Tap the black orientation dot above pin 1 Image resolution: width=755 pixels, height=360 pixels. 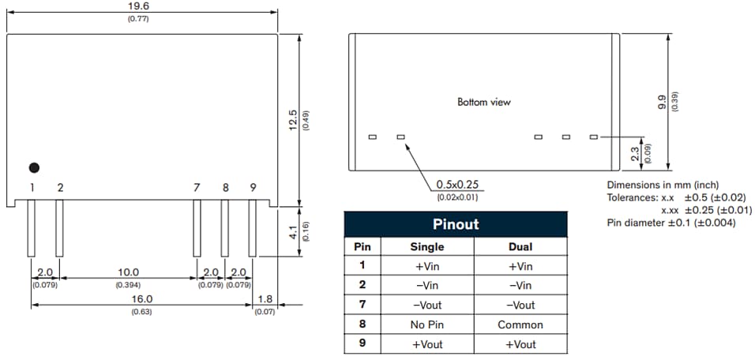point(34,167)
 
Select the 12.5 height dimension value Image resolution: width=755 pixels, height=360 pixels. point(293,120)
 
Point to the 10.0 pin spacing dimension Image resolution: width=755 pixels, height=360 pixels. point(128,272)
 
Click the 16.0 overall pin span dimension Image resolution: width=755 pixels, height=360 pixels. point(141,300)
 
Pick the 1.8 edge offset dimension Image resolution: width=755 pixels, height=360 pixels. point(265,300)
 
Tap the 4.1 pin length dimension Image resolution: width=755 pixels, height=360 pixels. point(293,232)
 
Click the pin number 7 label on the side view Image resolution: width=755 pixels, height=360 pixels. point(197,188)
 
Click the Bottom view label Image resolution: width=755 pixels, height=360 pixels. point(484,102)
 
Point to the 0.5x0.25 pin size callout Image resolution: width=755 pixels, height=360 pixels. point(458,186)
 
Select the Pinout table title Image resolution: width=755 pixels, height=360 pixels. point(456,224)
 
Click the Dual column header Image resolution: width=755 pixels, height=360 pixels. point(520,247)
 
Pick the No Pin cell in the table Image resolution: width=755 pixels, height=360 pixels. point(427,324)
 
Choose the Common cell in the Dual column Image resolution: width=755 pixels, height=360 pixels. point(520,324)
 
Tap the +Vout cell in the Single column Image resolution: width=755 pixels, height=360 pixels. point(427,343)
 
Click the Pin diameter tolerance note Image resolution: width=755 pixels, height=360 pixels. point(670,223)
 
